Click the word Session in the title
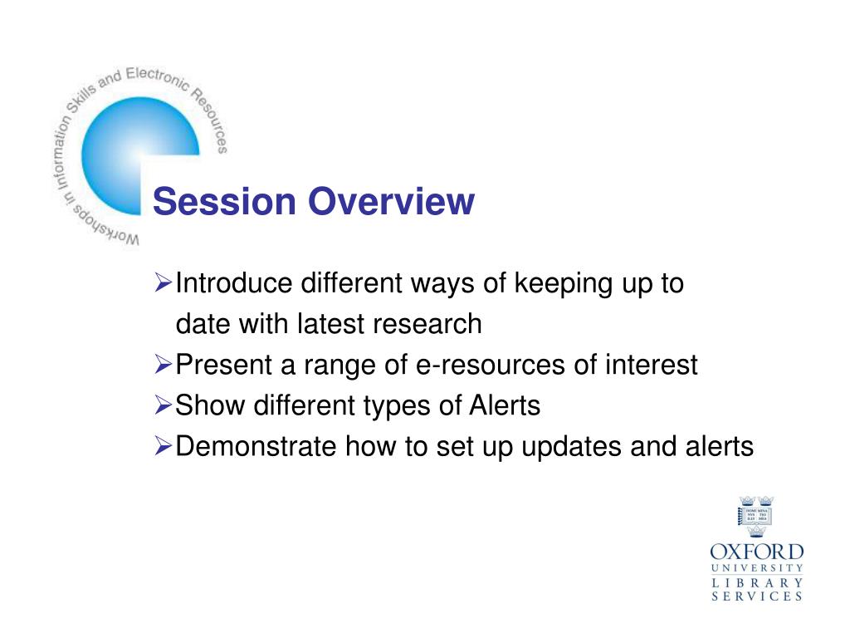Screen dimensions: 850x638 coord(224,201)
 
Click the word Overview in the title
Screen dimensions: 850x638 coord(392,201)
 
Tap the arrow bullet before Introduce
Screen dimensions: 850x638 coord(164,282)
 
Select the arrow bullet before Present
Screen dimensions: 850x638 coord(164,364)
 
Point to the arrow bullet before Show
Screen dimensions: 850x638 coord(164,405)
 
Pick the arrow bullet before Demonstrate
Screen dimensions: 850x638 coord(164,446)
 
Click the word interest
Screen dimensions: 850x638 coord(651,365)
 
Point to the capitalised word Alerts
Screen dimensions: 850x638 coord(505,405)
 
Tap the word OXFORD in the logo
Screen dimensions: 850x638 coord(757,552)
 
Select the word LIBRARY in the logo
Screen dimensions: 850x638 coord(757,582)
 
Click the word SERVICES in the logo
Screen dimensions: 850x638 coord(757,596)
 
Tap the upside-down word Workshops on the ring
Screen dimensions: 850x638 coord(105,226)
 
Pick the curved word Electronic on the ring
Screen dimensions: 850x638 coord(158,78)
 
